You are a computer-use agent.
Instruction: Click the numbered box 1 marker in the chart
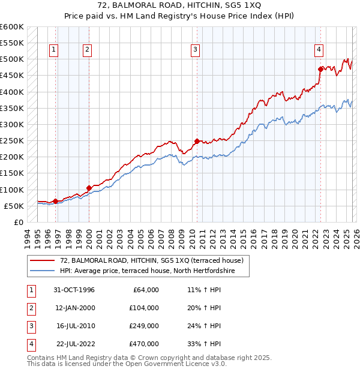[x=54, y=50]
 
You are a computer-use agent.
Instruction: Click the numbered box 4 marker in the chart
[x=319, y=50]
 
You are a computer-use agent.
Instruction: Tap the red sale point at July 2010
[x=197, y=142]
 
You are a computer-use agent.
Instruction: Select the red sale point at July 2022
[x=320, y=69]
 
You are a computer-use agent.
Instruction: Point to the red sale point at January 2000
[x=89, y=188]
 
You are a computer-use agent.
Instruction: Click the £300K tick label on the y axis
[x=12, y=124]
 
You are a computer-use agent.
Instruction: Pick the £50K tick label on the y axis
[x=14, y=206]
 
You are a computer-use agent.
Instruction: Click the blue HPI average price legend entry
[x=146, y=271]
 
